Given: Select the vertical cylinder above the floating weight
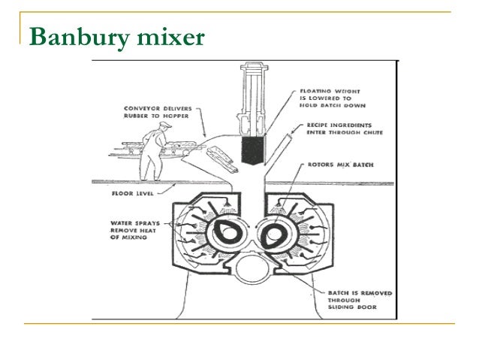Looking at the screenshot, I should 248,94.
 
